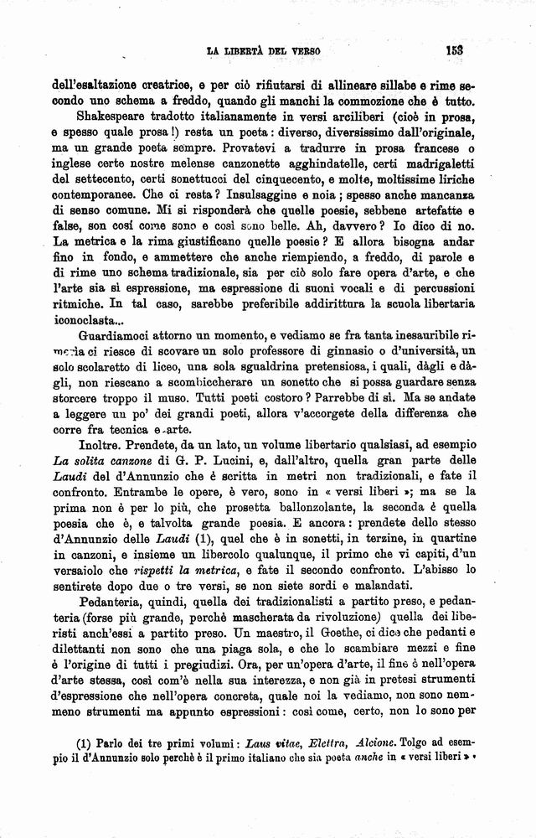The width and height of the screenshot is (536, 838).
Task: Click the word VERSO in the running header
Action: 302,50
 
